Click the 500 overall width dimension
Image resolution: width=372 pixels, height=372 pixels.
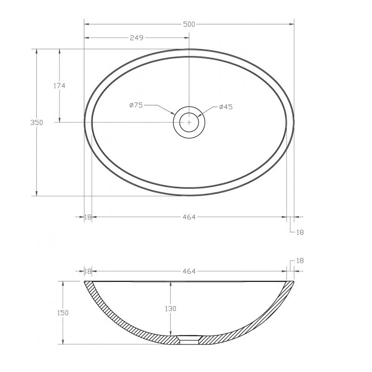189,24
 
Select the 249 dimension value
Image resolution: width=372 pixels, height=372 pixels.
137,38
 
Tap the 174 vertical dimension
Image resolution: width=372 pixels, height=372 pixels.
59,86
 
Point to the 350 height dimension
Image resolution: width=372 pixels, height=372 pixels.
37,122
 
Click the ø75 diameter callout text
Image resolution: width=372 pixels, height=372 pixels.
136,105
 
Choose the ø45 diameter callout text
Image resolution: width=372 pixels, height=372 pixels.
226,107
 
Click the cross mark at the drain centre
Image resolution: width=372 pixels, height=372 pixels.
189,122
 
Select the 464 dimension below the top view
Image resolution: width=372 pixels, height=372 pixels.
189,217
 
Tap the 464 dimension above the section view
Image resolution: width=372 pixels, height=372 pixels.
189,271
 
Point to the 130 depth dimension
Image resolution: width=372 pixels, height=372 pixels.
171,309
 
